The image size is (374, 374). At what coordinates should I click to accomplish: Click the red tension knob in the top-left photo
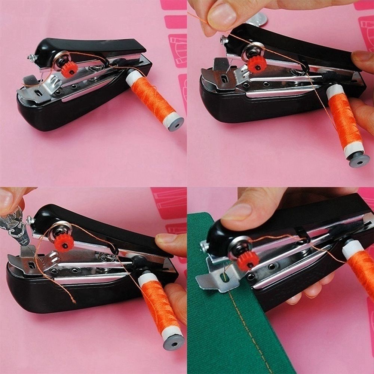coord(70,69)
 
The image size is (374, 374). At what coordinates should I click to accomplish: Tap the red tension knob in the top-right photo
coord(257,64)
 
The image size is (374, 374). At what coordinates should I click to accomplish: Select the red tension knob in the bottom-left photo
coord(64,242)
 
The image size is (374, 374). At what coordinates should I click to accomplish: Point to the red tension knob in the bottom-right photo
coord(248,260)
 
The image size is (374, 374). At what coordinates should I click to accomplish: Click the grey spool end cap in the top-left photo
coord(175,124)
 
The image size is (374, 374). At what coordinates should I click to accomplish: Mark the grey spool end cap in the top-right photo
coord(359,160)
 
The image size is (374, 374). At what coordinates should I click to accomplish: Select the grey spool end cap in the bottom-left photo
coord(174,341)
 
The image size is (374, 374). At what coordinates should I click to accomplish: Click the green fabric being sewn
coord(224,329)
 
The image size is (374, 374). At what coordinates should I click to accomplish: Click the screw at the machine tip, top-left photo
coord(31,58)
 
